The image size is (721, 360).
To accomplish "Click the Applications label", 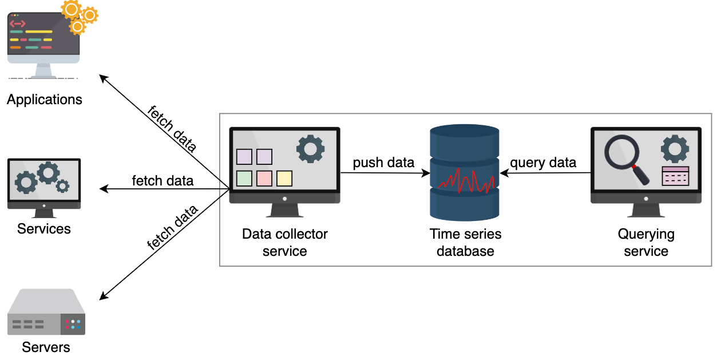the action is point(45,100).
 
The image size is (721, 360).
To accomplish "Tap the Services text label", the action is point(43,229).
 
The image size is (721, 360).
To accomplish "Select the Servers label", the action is point(46,347).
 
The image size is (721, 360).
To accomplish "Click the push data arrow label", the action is point(383,163).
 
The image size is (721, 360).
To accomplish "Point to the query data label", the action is point(543,163).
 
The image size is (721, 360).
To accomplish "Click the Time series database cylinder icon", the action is point(465,173).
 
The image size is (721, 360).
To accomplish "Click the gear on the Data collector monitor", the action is point(310,149).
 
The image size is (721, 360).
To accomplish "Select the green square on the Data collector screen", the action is point(244,179).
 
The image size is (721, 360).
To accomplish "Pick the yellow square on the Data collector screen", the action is point(284,179).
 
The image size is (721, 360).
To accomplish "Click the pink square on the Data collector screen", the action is point(264,179).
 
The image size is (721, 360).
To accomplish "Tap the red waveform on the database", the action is point(465,181).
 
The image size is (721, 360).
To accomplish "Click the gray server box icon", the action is point(46,312).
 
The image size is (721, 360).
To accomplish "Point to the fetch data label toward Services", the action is point(163,181).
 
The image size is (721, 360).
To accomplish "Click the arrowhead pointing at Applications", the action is point(103,78).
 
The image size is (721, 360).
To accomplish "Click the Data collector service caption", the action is point(285,243).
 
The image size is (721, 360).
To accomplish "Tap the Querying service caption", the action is point(646,243).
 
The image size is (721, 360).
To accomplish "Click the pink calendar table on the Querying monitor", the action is point(675,176).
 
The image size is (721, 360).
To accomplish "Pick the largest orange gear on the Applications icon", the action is point(71,9).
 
